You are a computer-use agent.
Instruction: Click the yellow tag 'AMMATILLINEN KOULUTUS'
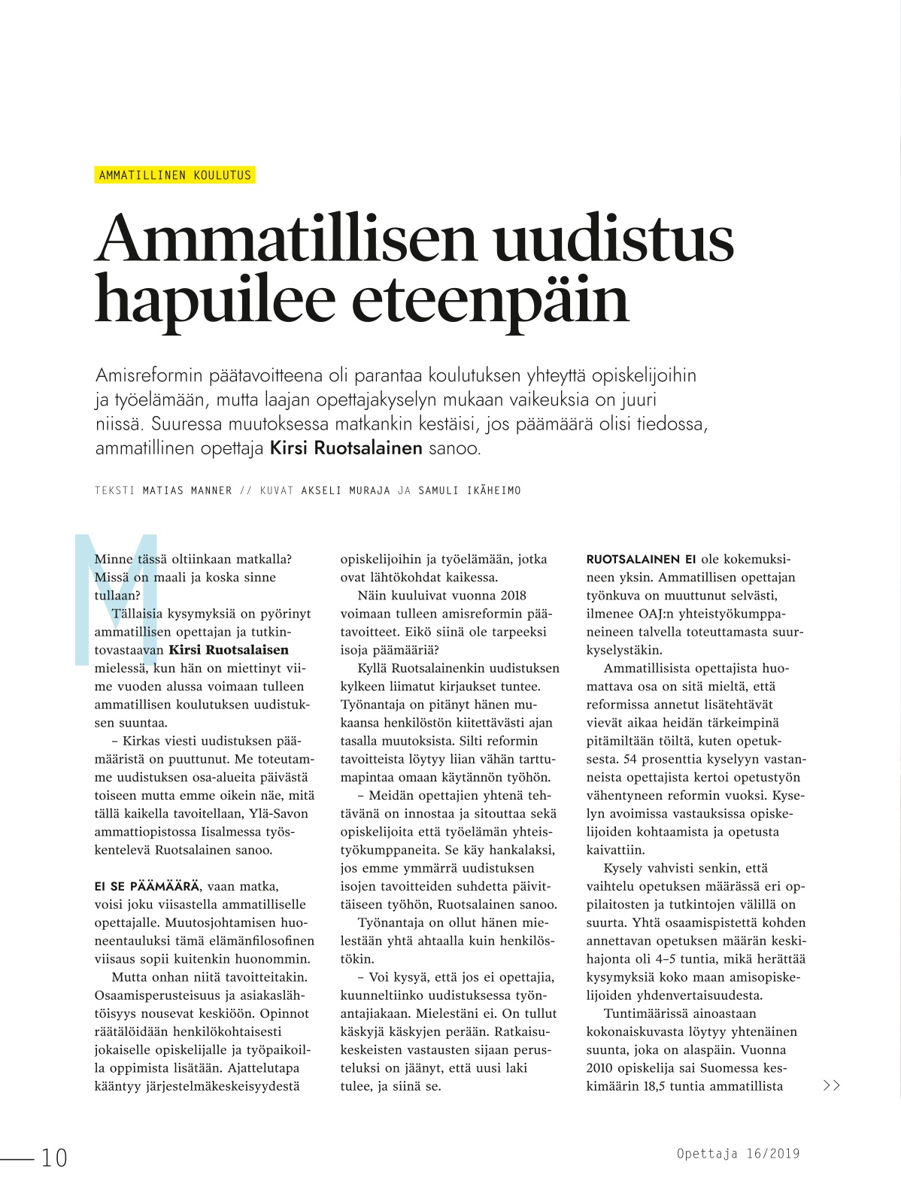coord(175,175)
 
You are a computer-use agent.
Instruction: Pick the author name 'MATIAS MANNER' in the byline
coord(187,491)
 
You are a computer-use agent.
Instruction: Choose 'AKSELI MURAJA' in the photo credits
coord(345,491)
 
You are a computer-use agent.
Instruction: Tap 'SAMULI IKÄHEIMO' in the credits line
coord(469,491)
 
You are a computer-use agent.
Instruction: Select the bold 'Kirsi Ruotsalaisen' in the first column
coord(229,650)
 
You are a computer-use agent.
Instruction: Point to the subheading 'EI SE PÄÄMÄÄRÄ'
coord(147,886)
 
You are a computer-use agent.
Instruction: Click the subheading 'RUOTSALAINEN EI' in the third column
coord(641,560)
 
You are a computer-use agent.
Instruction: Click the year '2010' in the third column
coord(599,1067)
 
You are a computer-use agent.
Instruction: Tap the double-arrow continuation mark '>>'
coord(831,1085)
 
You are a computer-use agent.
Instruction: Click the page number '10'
coord(54,1158)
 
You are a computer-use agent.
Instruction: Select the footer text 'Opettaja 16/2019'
coord(737,1153)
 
